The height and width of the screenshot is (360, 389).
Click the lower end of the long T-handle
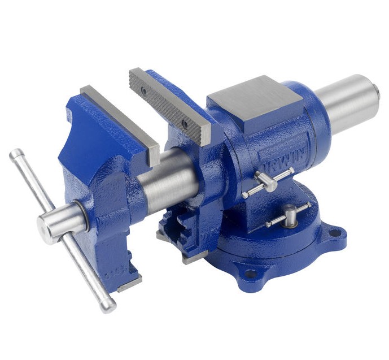pos(107,307)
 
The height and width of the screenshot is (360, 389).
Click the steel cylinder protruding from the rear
pos(347,105)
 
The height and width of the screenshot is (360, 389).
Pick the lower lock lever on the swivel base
pos(288,215)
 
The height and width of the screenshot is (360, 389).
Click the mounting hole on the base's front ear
pos(248,275)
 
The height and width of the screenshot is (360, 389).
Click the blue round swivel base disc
pos(265,249)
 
